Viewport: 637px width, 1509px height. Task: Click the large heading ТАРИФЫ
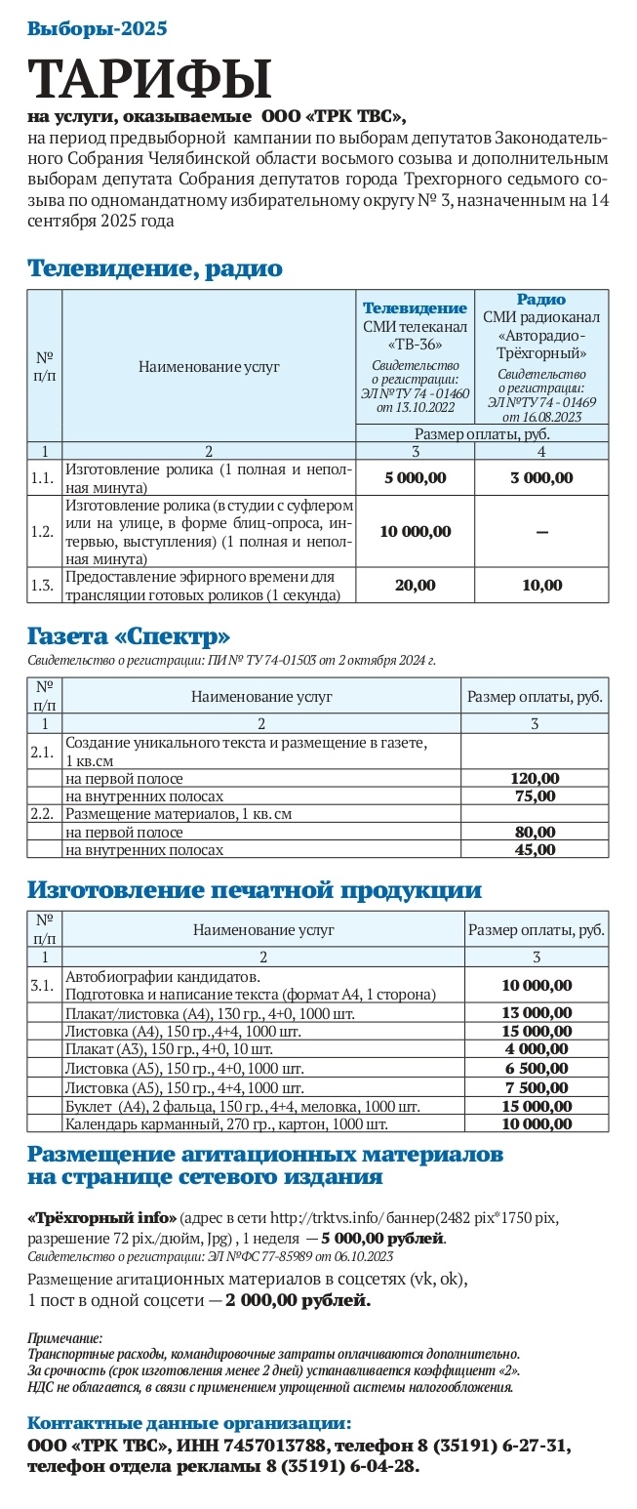150,79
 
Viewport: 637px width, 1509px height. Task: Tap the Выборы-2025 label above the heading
98,28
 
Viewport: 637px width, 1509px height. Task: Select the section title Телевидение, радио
154,268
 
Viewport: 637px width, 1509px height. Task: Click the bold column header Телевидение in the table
415,308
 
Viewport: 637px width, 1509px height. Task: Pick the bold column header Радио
541,300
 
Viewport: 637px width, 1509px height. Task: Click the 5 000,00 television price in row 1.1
415,478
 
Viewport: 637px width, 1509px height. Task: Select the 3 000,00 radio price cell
541,478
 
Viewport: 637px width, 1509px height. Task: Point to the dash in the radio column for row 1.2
541,532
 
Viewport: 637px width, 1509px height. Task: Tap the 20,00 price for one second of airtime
415,586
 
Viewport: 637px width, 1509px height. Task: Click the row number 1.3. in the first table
43,586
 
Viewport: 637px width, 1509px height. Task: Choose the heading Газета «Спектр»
129,637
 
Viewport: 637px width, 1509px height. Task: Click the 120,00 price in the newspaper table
535,779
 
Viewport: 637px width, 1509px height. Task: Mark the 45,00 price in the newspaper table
535,849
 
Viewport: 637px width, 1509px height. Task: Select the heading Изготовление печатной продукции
254,889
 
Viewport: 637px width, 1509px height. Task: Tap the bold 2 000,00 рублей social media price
298,1301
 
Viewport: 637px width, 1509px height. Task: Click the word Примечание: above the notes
64,1338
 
